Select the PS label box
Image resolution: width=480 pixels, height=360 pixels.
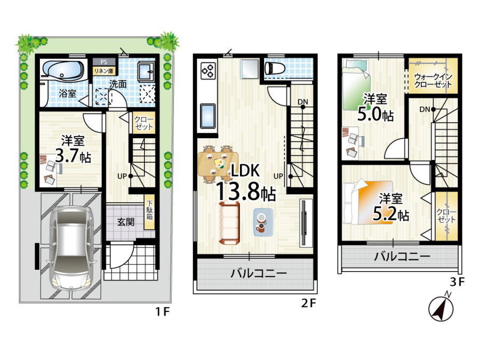(104, 62)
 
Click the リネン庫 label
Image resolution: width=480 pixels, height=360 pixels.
(104, 71)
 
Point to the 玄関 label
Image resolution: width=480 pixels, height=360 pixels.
(125, 222)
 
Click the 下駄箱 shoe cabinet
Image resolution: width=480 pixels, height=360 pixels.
(149, 212)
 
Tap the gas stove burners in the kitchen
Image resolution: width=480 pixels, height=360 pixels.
(209, 70)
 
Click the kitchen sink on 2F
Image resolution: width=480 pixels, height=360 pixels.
(208, 116)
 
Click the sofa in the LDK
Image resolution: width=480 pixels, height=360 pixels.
(229, 223)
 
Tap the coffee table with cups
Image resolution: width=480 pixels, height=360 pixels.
(263, 222)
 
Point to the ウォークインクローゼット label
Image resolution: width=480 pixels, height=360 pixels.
(433, 80)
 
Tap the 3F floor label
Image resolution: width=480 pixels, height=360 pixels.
(457, 282)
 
